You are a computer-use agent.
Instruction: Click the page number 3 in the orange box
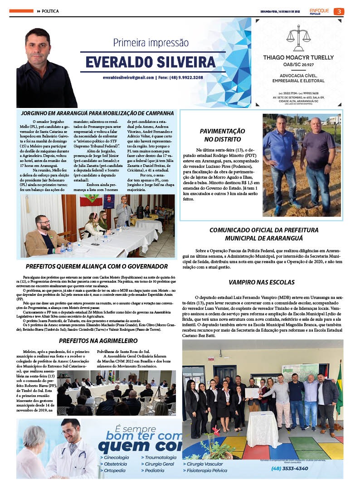tap(339, 11)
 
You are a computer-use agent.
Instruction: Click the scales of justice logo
tap(298, 38)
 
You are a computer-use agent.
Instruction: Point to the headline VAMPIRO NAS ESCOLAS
tap(262, 282)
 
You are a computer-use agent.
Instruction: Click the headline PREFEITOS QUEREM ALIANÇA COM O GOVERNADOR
tap(97, 266)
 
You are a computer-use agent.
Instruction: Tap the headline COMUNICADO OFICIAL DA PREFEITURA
tap(263, 230)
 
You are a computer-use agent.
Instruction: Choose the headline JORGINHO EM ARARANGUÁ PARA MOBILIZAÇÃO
tap(97, 113)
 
